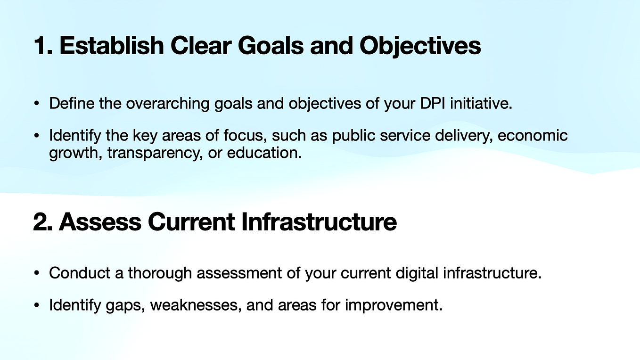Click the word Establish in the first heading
click(111, 46)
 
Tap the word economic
click(533, 136)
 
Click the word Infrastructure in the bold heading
click(319, 222)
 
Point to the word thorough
click(159, 273)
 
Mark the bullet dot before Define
click(36, 104)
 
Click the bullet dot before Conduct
click(36, 274)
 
